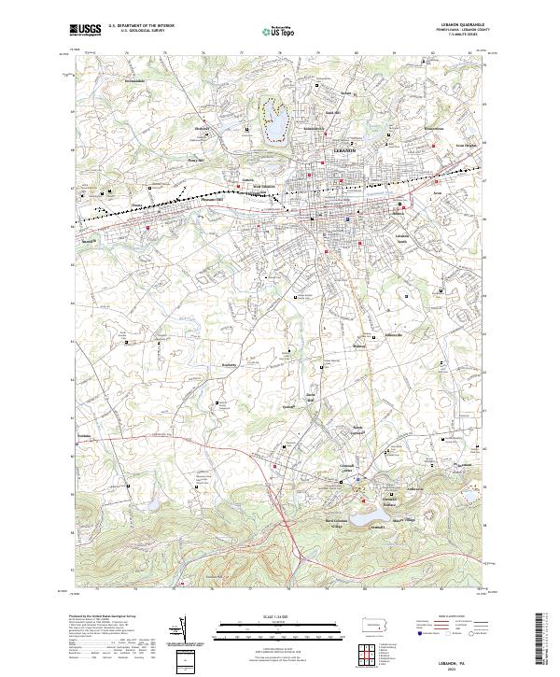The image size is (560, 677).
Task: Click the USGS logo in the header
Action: click(85, 30)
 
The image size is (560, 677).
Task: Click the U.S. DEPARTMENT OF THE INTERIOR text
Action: click(141, 26)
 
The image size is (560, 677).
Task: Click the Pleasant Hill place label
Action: click(213, 199)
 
